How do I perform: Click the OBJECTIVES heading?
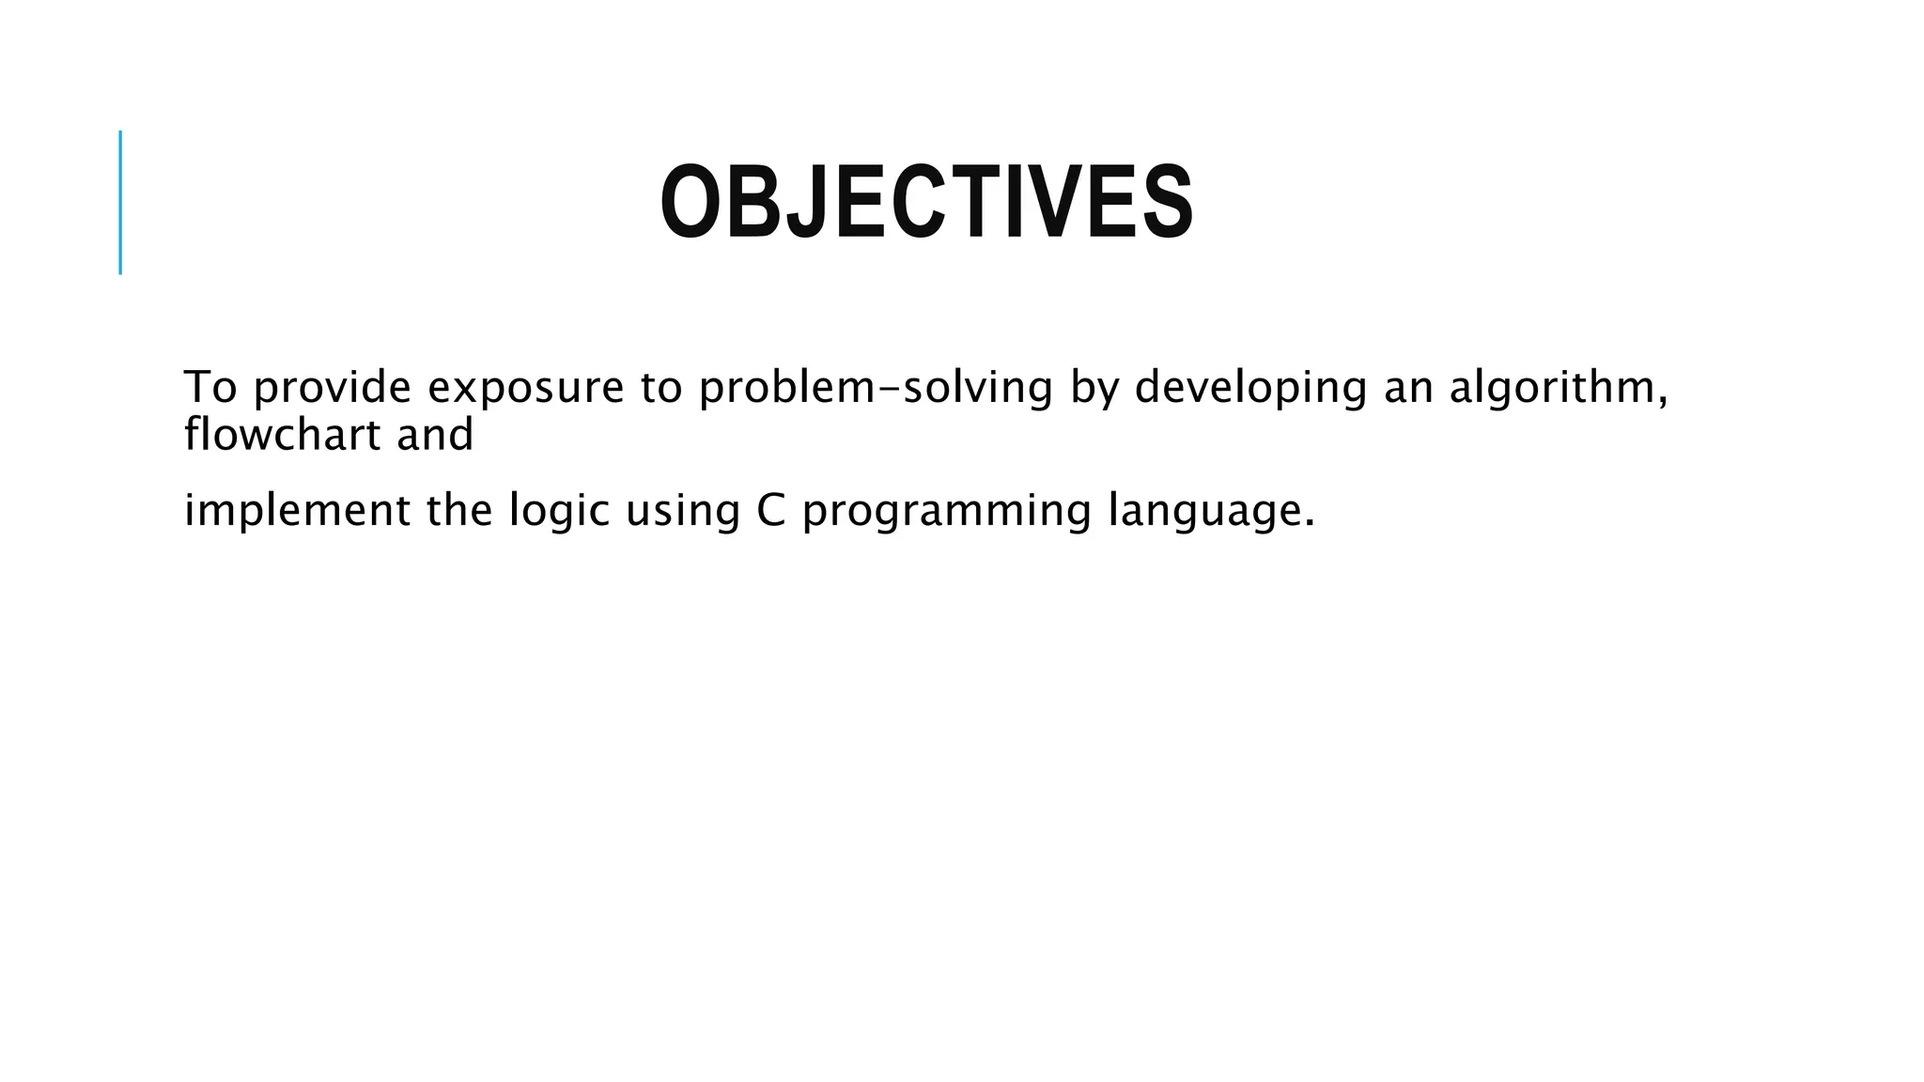926,203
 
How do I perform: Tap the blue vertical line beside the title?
120,202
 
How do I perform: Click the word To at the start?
209,387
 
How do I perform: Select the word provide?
333,387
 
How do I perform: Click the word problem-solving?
876,387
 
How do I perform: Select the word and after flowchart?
434,435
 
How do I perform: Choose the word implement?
297,511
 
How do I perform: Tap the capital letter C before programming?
770,511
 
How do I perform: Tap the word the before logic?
459,511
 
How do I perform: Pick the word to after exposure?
661,387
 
